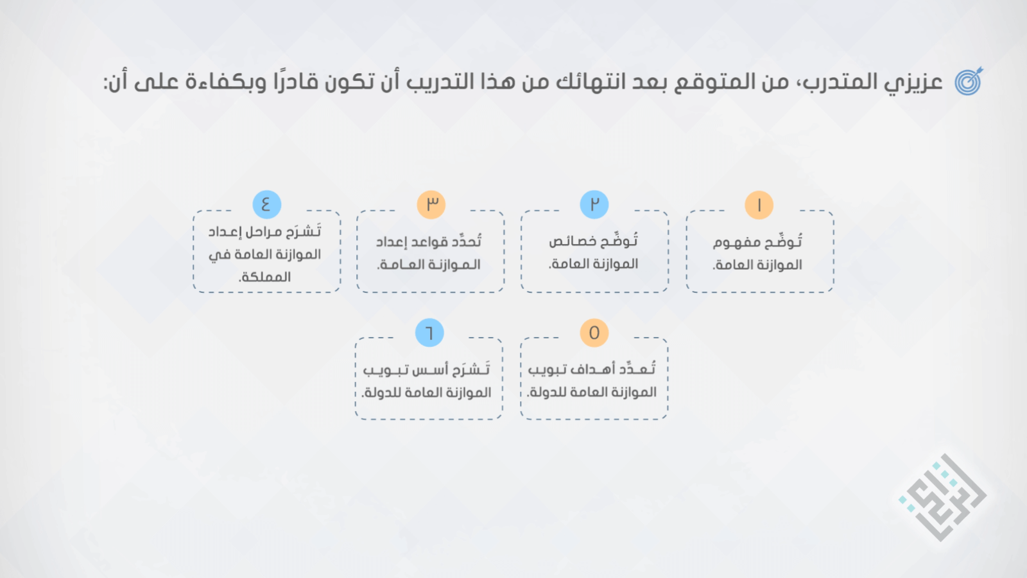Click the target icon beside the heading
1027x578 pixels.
[x=969, y=81]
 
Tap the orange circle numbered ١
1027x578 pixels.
[x=759, y=205]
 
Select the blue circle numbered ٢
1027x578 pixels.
[x=594, y=204]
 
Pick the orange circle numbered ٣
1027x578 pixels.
[x=431, y=204]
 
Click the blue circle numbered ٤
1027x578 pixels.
[x=267, y=204]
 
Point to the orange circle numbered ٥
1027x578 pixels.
[x=594, y=333]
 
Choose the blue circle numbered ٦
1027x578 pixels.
[x=429, y=333]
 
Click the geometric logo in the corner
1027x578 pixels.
[x=942, y=497]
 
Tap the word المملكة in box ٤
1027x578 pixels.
[x=265, y=277]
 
